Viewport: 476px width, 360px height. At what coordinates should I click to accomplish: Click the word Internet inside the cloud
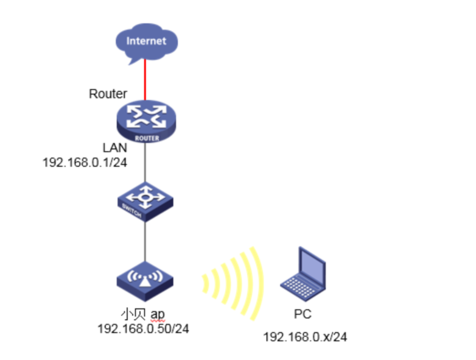click(145, 41)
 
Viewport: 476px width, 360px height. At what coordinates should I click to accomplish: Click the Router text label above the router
click(108, 94)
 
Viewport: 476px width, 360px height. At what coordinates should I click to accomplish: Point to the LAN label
click(115, 149)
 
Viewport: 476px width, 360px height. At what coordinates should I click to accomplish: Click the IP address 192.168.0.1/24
click(83, 163)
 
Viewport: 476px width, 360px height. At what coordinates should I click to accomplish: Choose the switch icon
click(145, 202)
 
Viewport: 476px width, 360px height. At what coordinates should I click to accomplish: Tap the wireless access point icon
click(145, 280)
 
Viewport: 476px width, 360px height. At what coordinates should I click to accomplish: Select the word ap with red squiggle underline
click(157, 315)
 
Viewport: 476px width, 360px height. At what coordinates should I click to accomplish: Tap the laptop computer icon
click(303, 273)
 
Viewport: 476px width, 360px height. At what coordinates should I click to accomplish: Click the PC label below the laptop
click(303, 315)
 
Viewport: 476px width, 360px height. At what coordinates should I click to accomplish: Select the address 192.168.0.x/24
click(305, 336)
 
